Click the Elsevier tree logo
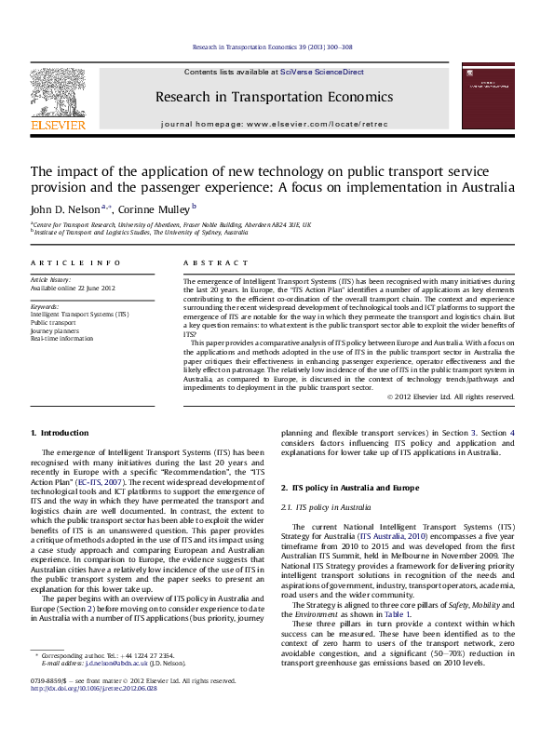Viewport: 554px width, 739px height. pyautogui.click(x=59, y=94)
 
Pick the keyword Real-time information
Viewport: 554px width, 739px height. pyautogui.click(x=61, y=339)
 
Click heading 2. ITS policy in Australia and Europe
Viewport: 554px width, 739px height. pyautogui.click(x=356, y=488)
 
